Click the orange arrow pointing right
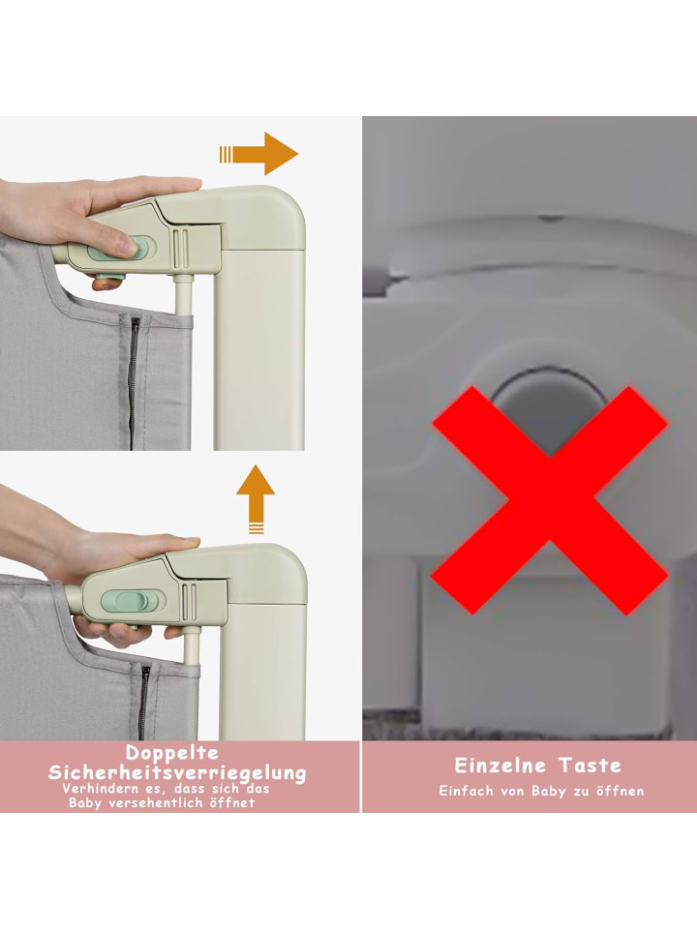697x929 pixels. [259, 154]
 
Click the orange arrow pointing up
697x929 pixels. [256, 499]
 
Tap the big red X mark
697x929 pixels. [550, 499]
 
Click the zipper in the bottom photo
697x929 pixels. [143, 703]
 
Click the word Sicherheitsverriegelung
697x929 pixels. [177, 772]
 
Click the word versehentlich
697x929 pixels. [157, 803]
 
